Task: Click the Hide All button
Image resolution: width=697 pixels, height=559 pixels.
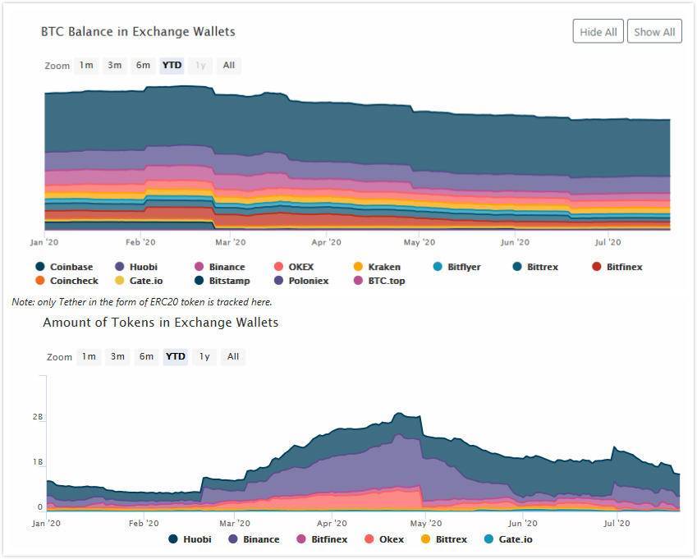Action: click(598, 32)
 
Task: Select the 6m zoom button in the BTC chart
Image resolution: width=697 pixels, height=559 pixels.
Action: click(143, 66)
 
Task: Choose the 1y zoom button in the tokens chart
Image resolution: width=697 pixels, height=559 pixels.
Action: click(204, 357)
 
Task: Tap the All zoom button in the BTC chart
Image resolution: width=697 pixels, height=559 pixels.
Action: click(228, 66)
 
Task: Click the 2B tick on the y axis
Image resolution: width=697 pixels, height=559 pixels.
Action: click(37, 417)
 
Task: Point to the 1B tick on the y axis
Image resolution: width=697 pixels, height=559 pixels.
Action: click(37, 462)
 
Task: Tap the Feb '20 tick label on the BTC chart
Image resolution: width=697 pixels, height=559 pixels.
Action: click(140, 242)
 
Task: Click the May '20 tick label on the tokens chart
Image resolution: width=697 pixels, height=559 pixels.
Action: click(426, 523)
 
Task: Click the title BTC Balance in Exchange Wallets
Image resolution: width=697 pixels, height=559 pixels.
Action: click(138, 32)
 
